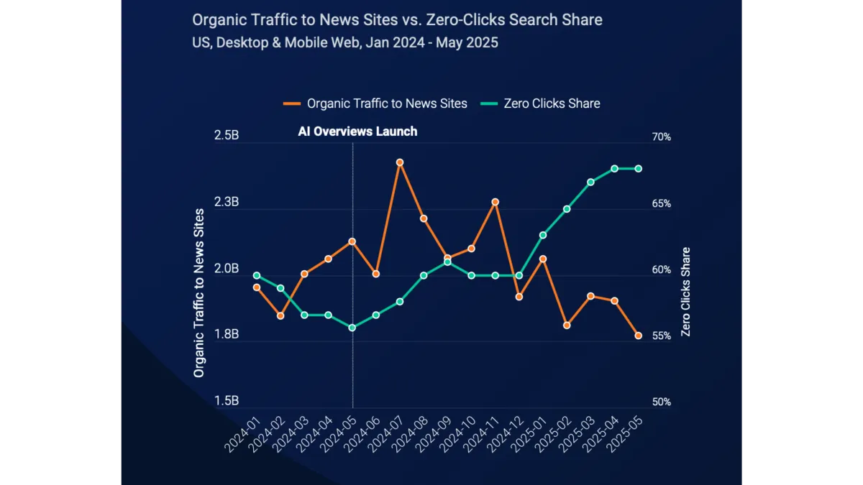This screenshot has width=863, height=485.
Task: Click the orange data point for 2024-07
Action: [400, 162]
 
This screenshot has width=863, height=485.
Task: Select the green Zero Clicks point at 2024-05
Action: [352, 328]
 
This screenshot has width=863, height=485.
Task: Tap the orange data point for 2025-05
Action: [638, 336]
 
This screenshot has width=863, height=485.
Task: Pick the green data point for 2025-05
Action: [638, 169]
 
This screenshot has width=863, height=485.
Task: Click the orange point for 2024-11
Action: [495, 202]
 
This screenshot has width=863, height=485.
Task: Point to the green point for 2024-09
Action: [447, 262]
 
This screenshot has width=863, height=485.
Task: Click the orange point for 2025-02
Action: [567, 325]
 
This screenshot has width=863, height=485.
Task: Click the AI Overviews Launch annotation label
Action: [357, 131]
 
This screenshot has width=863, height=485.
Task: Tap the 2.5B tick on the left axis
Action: [227, 137]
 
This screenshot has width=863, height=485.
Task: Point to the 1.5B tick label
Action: [227, 401]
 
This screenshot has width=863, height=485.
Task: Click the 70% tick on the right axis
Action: [662, 137]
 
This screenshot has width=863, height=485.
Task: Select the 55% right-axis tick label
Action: [662, 336]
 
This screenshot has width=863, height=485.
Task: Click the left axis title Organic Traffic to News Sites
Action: [198, 293]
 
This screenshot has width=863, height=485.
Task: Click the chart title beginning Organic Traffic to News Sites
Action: [397, 19]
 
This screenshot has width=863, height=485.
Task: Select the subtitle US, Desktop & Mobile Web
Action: [345, 42]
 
